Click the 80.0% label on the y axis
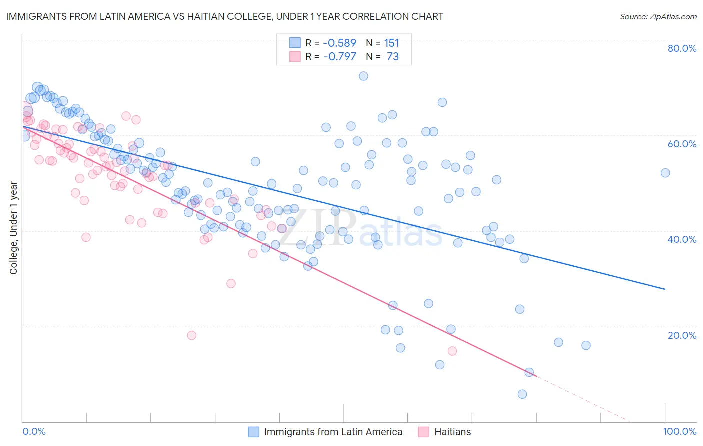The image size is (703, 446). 682,48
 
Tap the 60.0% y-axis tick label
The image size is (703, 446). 682,144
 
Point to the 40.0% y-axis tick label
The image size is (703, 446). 682,239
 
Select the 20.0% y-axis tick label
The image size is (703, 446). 682,335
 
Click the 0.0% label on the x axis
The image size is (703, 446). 34,432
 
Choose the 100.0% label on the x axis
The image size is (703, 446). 679,432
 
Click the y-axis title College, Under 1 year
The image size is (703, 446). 14,228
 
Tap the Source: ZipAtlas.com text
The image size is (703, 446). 658,16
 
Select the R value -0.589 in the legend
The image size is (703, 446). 340,43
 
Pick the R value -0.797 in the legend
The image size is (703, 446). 340,57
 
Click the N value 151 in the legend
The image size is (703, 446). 392,43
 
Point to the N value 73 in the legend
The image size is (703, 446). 393,57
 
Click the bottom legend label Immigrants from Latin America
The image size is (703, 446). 333,432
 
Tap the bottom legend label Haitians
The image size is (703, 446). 452,432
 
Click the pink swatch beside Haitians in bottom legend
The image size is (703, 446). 424,432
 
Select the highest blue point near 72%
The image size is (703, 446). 363,76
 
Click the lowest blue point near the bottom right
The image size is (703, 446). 522,394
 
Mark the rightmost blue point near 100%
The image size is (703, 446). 665,173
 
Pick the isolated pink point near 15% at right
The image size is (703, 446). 452,351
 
